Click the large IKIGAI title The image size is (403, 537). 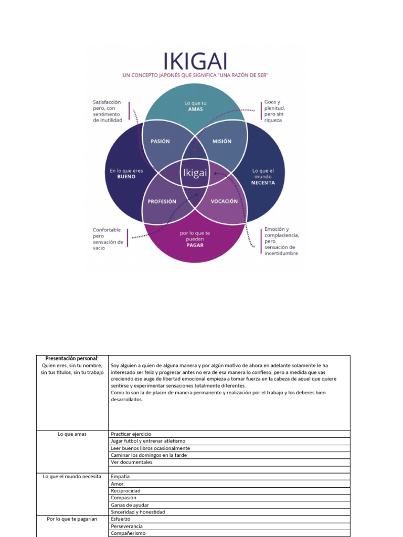click(x=195, y=60)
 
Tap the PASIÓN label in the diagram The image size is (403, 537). click(x=160, y=141)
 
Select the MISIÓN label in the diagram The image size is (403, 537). click(x=221, y=141)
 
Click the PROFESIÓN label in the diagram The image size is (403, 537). click(x=162, y=201)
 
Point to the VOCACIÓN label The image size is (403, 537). click(x=224, y=201)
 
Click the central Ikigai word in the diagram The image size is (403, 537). click(x=195, y=173)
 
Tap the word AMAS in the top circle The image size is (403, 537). click(x=195, y=109)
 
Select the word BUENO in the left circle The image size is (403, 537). click(x=126, y=177)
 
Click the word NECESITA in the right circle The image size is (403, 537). click(x=263, y=183)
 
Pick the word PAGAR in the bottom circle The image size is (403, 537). click(x=195, y=245)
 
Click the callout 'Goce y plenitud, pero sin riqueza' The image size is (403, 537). click(x=274, y=111)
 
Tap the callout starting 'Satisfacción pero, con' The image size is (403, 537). click(x=108, y=111)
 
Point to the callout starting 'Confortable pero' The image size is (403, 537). click(x=108, y=239)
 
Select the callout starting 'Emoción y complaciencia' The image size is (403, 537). click(x=281, y=241)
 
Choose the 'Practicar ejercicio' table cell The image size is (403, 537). click(x=131, y=434)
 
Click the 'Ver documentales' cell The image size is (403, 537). click(x=132, y=462)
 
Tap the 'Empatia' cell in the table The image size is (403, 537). click(x=120, y=476)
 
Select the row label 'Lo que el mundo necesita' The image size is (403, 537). click(x=72, y=476)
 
